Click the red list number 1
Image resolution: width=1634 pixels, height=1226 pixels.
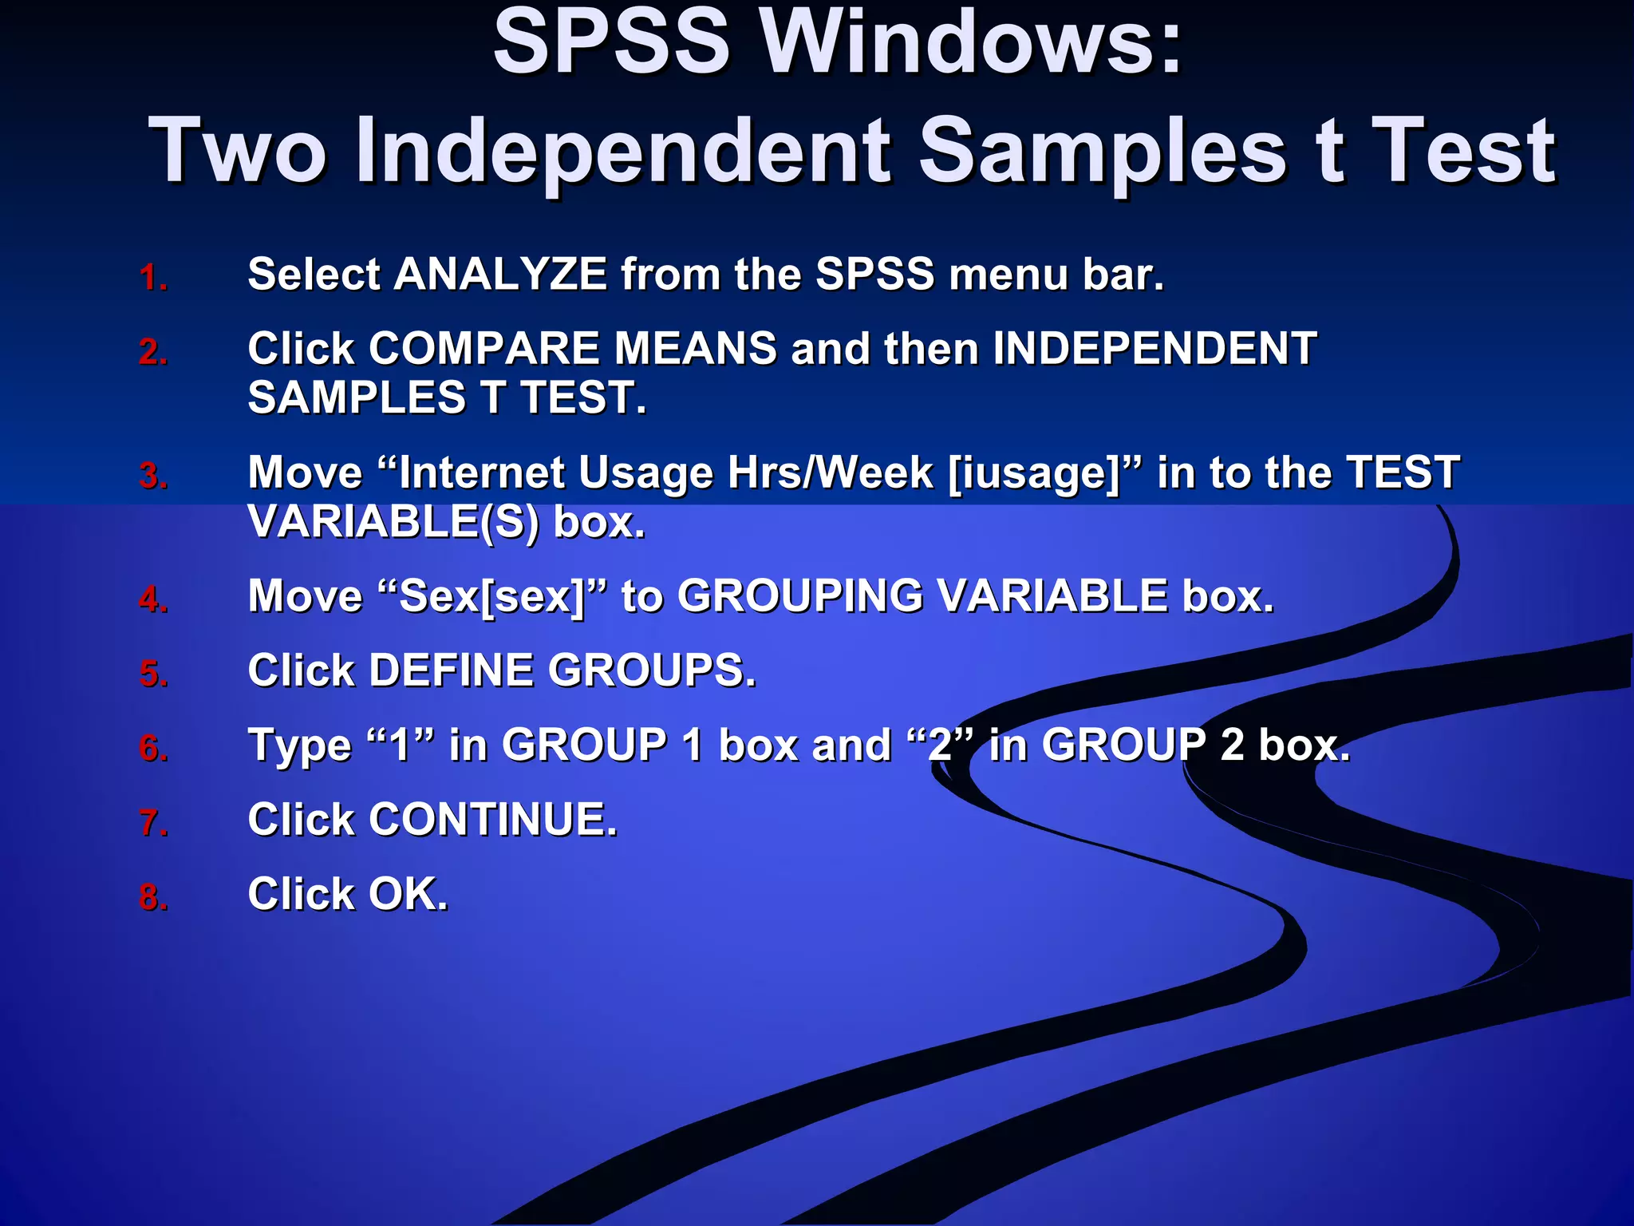coord(152,278)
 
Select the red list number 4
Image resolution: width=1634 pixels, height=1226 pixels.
coord(152,599)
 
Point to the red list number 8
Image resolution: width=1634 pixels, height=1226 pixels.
coord(152,897)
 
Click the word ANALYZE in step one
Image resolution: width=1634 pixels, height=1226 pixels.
coord(500,275)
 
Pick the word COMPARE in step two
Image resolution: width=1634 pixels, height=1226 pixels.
coord(483,349)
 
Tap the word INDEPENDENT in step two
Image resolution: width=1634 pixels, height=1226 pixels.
coord(1154,349)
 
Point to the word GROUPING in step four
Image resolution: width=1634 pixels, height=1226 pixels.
coord(800,596)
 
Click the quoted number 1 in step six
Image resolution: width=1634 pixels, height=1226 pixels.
coord(400,745)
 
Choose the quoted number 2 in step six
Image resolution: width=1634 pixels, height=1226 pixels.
coord(941,745)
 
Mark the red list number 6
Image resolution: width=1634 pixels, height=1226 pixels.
coord(152,749)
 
